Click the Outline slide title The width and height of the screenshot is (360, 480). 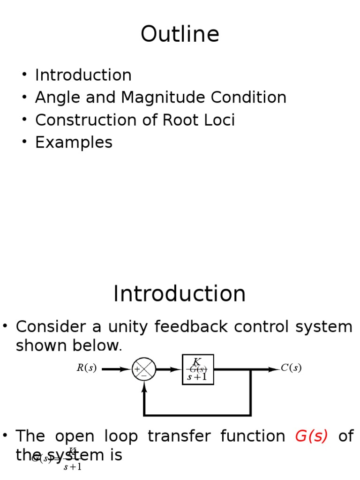[180, 35]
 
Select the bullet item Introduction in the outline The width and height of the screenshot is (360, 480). [83, 75]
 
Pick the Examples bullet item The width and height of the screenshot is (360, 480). [74, 142]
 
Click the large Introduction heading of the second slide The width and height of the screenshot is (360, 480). [180, 294]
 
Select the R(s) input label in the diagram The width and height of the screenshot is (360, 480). [87, 368]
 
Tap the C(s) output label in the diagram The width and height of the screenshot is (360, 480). [291, 368]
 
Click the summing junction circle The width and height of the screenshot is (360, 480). [144, 369]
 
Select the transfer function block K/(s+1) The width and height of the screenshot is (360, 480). [198, 369]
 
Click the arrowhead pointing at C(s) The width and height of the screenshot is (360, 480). [274, 369]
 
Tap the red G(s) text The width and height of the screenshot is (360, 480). [311, 436]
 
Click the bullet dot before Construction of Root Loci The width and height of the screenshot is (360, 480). [24, 120]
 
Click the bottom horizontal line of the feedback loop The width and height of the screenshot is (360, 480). [197, 415]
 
